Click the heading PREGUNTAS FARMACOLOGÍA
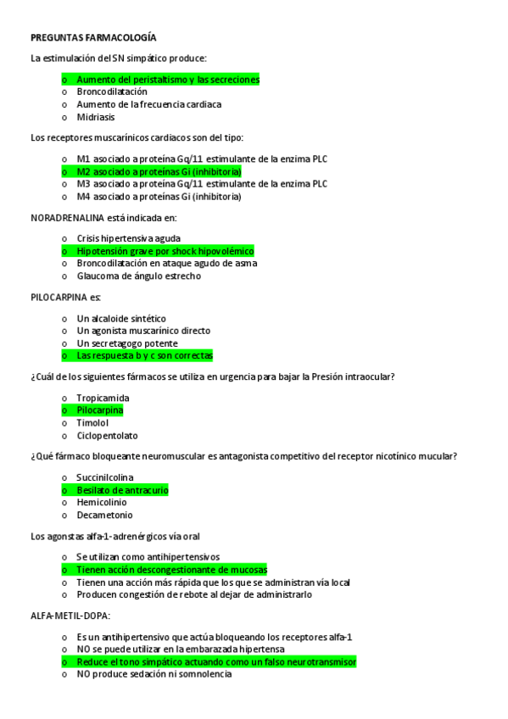point(93,38)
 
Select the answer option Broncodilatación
point(111,92)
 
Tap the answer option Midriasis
point(95,117)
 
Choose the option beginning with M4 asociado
point(159,196)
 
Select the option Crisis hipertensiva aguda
point(128,238)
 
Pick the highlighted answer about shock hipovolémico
point(165,251)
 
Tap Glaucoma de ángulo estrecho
point(138,276)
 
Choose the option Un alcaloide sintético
point(121,318)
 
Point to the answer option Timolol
point(92,422)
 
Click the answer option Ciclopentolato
point(107,435)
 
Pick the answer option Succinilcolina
point(105,477)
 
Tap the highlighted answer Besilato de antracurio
point(122,490)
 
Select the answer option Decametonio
point(104,515)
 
